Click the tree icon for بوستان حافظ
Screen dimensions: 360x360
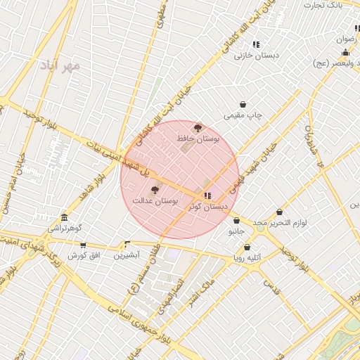[x=198, y=128]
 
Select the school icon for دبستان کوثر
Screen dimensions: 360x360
[x=207, y=195]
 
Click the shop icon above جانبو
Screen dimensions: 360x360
[x=236, y=220]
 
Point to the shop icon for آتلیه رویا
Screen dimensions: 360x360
[x=247, y=247]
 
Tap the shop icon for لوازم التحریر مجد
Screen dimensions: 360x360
[x=280, y=212]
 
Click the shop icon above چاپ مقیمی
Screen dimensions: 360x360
[x=243, y=104]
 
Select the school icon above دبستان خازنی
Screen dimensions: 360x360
[x=256, y=44]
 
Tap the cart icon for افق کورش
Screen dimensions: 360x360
[x=83, y=245]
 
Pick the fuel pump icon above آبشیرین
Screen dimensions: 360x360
[x=127, y=245]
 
